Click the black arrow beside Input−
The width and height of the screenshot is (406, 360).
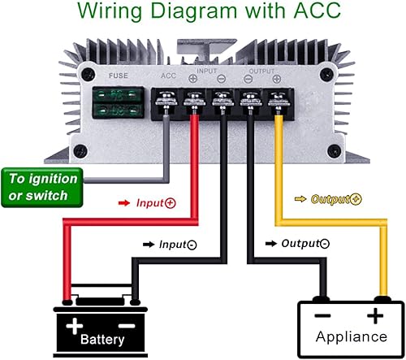pos(149,243)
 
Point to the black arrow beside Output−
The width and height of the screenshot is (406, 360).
pos(270,243)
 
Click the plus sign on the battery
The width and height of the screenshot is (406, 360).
pos(75,326)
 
